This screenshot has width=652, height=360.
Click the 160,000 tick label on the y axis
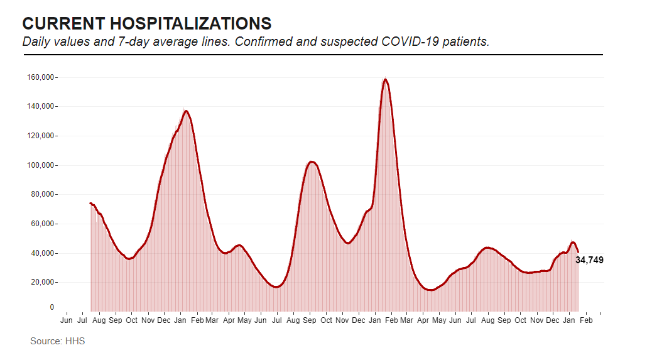coord(41,77)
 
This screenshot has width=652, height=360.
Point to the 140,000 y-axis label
coord(41,107)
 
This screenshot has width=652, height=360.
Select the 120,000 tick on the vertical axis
coord(41,136)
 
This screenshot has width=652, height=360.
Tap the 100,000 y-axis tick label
coord(41,165)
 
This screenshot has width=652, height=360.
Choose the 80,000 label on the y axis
coord(43,195)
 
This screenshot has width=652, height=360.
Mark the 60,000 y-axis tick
coord(43,224)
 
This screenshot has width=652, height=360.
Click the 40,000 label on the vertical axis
coord(43,253)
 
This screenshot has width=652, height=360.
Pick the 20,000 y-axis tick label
coord(43,282)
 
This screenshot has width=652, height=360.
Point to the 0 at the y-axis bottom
coord(52,307)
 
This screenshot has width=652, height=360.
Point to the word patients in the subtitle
coord(466,42)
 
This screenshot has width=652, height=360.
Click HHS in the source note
coord(74,341)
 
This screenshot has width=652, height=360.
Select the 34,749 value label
coord(589,260)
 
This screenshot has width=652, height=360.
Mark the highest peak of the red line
coord(385,79)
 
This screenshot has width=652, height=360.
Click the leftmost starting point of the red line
coord(90,203)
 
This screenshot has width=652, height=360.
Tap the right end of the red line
coord(578,252)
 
